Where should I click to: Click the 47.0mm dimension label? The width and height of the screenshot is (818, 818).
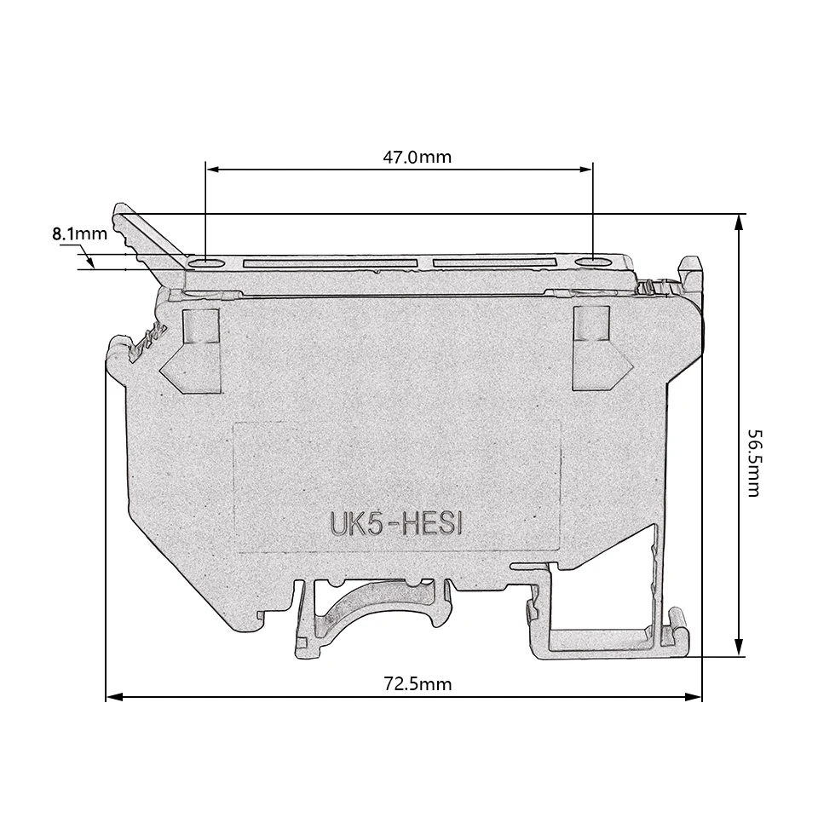tap(417, 157)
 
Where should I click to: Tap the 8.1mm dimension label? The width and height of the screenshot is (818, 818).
tap(80, 233)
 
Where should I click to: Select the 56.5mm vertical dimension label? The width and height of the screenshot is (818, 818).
tap(755, 463)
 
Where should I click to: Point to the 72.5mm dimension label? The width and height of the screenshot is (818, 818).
tap(418, 683)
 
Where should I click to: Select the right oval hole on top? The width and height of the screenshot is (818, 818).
tap(593, 262)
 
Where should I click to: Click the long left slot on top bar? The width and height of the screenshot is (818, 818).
tap(331, 262)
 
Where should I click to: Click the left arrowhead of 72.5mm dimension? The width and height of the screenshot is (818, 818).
tap(113, 697)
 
